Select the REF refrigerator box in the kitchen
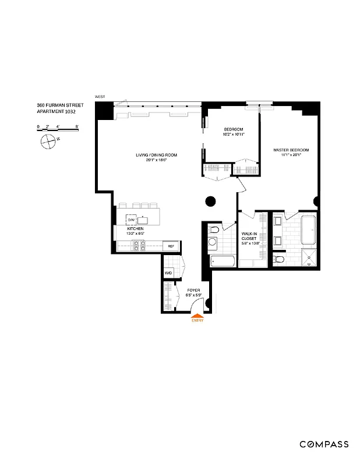point(171,246)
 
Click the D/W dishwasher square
point(132,219)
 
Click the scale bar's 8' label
point(77,126)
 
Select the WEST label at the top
point(101,97)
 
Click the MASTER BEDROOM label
point(291,150)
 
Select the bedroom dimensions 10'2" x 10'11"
point(234,135)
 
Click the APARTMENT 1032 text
point(56,111)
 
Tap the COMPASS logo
point(324,444)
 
